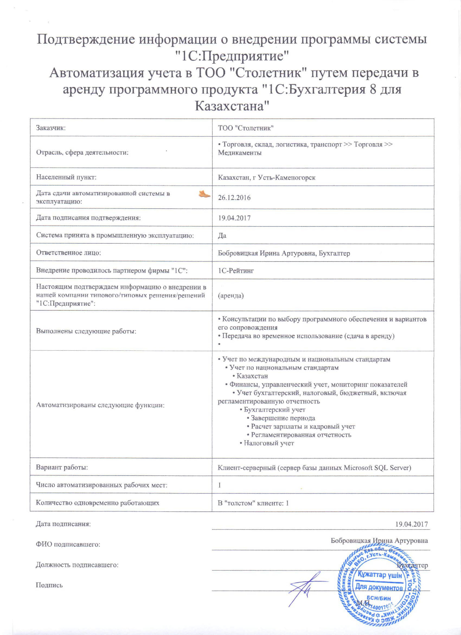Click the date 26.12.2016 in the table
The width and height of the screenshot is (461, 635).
pyautogui.click(x=234, y=198)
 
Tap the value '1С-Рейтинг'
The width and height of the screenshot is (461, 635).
pyautogui.click(x=236, y=270)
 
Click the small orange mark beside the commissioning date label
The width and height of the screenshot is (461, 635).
pyautogui.click(x=204, y=194)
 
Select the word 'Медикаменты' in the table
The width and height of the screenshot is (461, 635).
pyautogui.click(x=240, y=153)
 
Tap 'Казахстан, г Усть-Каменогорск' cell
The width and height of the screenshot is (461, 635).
pyautogui.click(x=267, y=178)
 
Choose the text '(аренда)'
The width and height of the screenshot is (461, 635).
pyautogui.click(x=231, y=295)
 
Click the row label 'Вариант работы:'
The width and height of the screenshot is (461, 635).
pyautogui.click(x=62, y=467)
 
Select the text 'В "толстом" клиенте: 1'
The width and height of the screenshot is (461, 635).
pyautogui.click(x=253, y=503)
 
